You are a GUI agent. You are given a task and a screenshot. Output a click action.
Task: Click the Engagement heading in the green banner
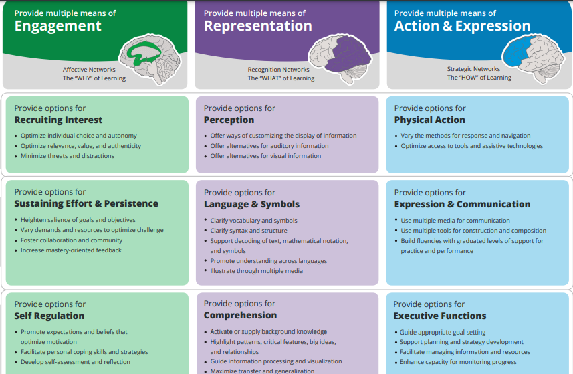point(58,26)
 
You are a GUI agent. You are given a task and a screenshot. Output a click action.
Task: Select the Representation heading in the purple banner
point(257,26)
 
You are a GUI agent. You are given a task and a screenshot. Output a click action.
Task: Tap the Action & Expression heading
point(462,26)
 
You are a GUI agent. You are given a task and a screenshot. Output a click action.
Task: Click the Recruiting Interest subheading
point(58,120)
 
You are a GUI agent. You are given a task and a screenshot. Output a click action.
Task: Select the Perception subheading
point(229,120)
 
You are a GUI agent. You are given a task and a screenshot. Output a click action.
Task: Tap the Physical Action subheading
point(429,120)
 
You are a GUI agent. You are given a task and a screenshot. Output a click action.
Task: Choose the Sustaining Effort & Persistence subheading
point(86,204)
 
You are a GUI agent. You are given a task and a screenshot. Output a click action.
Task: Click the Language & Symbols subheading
point(251,205)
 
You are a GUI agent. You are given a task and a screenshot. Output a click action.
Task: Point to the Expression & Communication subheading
point(462,205)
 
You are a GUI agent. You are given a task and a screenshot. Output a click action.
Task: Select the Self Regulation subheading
point(49,316)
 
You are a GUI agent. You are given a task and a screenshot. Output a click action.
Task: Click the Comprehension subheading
point(240,316)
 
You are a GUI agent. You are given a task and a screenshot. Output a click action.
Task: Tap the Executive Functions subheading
point(439,316)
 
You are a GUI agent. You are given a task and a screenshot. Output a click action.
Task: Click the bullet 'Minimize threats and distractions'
point(67,156)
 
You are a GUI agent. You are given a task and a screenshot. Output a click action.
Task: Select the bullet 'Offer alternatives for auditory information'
point(269,146)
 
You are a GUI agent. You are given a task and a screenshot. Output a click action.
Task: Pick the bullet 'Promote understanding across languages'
point(268,261)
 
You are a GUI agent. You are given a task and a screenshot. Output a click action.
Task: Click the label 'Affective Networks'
point(89,69)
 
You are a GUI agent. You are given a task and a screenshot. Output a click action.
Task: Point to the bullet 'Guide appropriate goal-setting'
point(443,332)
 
